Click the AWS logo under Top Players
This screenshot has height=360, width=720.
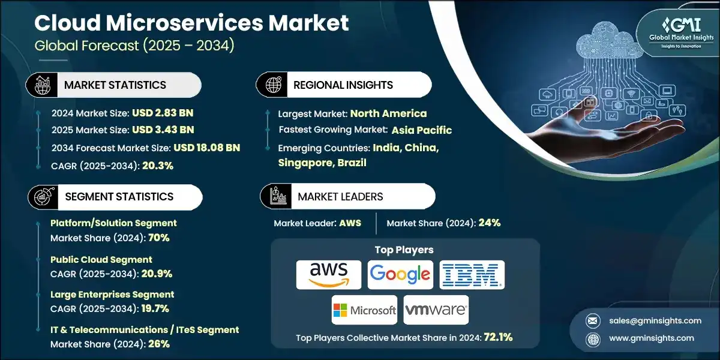click(329, 275)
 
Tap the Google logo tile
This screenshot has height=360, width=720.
click(400, 275)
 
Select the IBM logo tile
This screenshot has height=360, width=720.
click(472, 275)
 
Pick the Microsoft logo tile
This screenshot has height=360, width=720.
click(364, 310)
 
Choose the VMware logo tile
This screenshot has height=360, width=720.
click(436, 310)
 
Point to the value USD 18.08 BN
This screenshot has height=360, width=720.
click(207, 148)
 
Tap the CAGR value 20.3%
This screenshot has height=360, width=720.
click(158, 166)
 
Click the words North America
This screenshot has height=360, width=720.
click(388, 113)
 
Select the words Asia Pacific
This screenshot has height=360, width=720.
click(422, 130)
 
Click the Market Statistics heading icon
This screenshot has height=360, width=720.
click(42, 85)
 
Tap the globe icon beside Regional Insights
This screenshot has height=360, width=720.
click(273, 85)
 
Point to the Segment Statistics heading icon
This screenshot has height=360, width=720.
click(42, 197)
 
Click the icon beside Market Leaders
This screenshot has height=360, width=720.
click(277, 197)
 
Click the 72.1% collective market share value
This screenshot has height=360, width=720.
click(497, 337)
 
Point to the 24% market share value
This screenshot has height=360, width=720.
click(488, 223)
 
